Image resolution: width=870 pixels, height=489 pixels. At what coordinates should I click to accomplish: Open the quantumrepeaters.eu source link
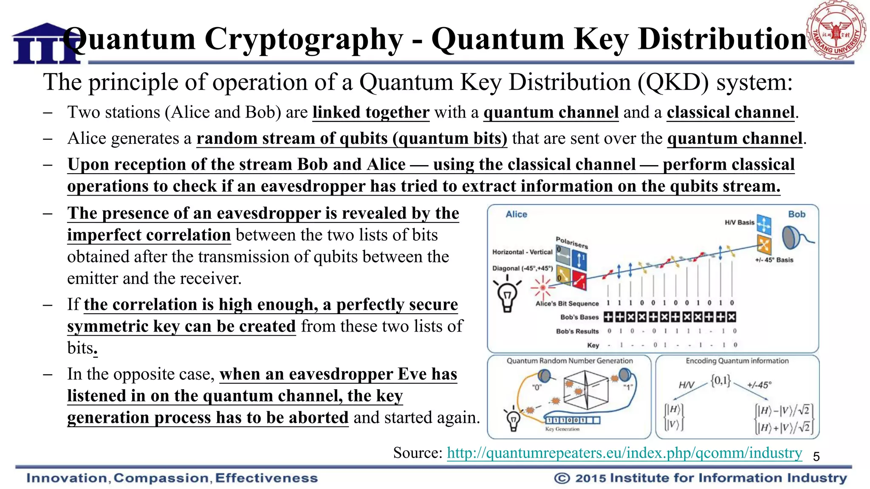(624, 452)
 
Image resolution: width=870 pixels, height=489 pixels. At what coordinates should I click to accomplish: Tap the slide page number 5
(816, 457)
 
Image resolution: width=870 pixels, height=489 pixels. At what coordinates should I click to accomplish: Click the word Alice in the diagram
(516, 214)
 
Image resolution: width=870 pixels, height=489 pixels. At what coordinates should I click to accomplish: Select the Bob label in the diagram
(797, 214)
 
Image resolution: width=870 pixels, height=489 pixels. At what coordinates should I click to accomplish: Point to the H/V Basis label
(740, 222)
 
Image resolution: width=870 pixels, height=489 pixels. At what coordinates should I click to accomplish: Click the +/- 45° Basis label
(774, 260)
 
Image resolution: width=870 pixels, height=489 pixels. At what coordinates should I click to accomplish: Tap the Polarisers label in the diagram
(572, 242)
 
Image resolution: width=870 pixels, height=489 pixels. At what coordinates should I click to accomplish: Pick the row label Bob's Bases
(579, 317)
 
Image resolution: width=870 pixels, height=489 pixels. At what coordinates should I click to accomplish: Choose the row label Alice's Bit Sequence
(567, 304)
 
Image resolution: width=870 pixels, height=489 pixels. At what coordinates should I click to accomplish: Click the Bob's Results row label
(577, 331)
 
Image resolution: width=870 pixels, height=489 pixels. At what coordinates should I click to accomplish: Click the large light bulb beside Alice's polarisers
(507, 295)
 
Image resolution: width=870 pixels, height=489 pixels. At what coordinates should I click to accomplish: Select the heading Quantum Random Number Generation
(570, 361)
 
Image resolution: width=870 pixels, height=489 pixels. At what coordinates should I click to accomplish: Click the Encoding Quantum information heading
(737, 361)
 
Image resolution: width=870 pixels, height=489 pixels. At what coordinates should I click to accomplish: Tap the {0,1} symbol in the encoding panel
(720, 380)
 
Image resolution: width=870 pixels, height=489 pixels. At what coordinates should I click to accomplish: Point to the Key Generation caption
(562, 429)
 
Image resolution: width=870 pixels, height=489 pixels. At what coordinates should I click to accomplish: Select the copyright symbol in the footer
(562, 478)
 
